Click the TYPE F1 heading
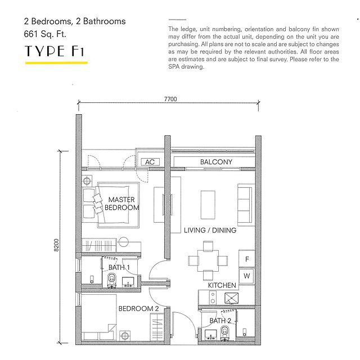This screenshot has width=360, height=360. [55, 51]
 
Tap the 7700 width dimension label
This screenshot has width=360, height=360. [170, 99]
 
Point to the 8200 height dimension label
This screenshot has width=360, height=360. [56, 245]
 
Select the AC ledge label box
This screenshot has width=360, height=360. [150, 162]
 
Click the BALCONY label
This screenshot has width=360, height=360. [216, 162]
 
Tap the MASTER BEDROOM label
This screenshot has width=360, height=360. [121, 204]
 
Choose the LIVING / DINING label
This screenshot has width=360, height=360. [210, 230]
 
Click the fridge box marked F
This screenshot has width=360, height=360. [247, 259]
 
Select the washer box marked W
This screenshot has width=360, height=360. [247, 276]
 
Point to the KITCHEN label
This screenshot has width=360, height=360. [222, 285]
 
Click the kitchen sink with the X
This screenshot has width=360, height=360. [231, 298]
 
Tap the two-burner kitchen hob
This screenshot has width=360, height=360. [213, 298]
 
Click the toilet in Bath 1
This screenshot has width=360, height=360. [112, 280]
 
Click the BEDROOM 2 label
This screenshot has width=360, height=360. [138, 309]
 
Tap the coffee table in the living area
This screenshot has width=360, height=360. [208, 205]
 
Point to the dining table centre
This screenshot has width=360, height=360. [208, 260]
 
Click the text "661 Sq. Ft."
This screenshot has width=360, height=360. [45, 34]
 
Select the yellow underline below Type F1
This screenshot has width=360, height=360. [56, 62]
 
